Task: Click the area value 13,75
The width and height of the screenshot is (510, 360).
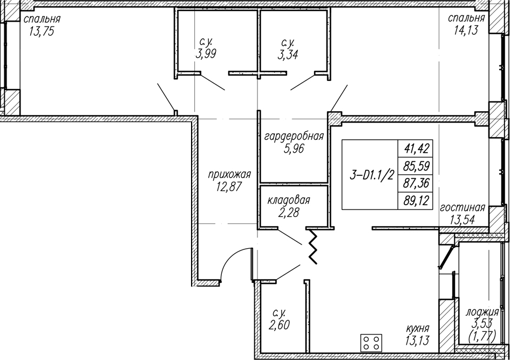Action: [x=41, y=31]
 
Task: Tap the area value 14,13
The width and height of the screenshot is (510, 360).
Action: [x=466, y=30]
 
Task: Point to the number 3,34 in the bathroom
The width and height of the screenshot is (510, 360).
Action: [x=288, y=55]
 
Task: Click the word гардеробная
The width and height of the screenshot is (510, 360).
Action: [x=294, y=136]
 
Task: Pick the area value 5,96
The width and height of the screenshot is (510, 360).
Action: [x=294, y=149]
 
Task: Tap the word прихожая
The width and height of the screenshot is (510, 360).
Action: [x=229, y=175]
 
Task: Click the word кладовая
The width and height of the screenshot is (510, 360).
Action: [x=289, y=200]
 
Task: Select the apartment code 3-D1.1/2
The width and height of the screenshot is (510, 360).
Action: [x=371, y=175]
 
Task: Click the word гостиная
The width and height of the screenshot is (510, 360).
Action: [x=462, y=207]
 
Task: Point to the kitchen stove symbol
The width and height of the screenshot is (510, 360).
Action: [x=371, y=343]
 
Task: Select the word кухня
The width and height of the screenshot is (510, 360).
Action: [x=418, y=329]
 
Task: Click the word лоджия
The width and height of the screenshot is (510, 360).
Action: [x=482, y=313]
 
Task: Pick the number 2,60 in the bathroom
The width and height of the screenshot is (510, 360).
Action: [x=280, y=325]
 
